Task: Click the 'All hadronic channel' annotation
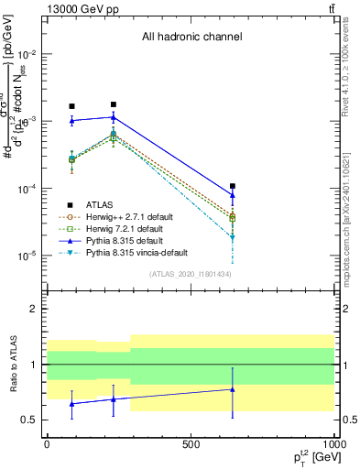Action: pyautogui.click(x=191, y=38)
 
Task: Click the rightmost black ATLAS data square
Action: pyautogui.click(x=233, y=186)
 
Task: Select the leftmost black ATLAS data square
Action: pyautogui.click(x=72, y=106)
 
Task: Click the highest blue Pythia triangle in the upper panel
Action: pyautogui.click(x=113, y=116)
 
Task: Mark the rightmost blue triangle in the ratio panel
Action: pyautogui.click(x=233, y=389)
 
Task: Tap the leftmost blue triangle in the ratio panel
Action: pyautogui.click(x=72, y=403)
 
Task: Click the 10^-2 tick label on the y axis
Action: pyautogui.click(x=29, y=53)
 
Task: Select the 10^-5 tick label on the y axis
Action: pyautogui.click(x=29, y=256)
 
